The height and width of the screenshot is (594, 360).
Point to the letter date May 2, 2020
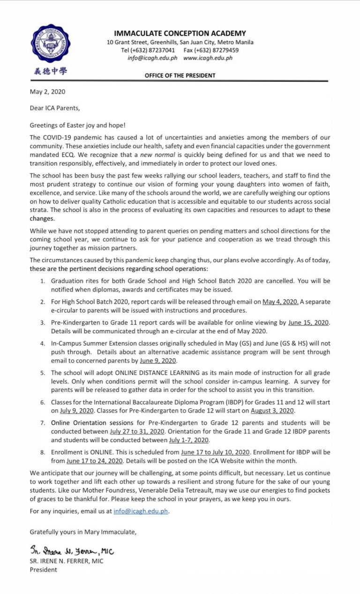[45, 92]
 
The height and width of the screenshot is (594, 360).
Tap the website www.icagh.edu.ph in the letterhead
[208, 58]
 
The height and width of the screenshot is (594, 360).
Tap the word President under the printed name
[44, 570]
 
